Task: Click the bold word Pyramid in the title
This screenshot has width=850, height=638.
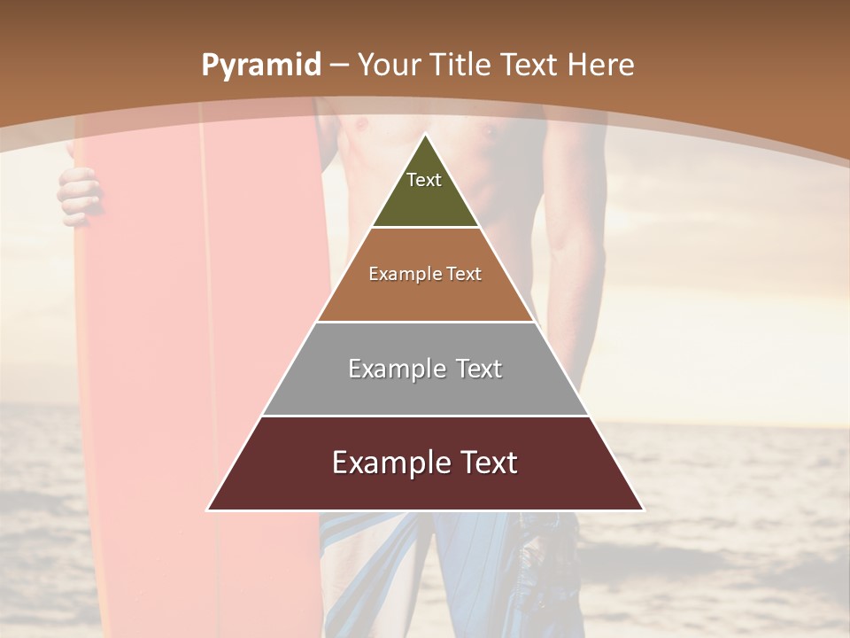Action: [260, 66]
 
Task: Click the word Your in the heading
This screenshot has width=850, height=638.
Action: [390, 66]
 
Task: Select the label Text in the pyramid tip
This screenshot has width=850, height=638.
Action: [424, 180]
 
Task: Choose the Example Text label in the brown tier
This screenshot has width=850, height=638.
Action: [425, 274]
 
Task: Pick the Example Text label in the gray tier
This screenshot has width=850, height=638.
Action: [425, 369]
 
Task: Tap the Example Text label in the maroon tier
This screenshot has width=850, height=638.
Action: [425, 463]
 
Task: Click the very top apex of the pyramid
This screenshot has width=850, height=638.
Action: [425, 136]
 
